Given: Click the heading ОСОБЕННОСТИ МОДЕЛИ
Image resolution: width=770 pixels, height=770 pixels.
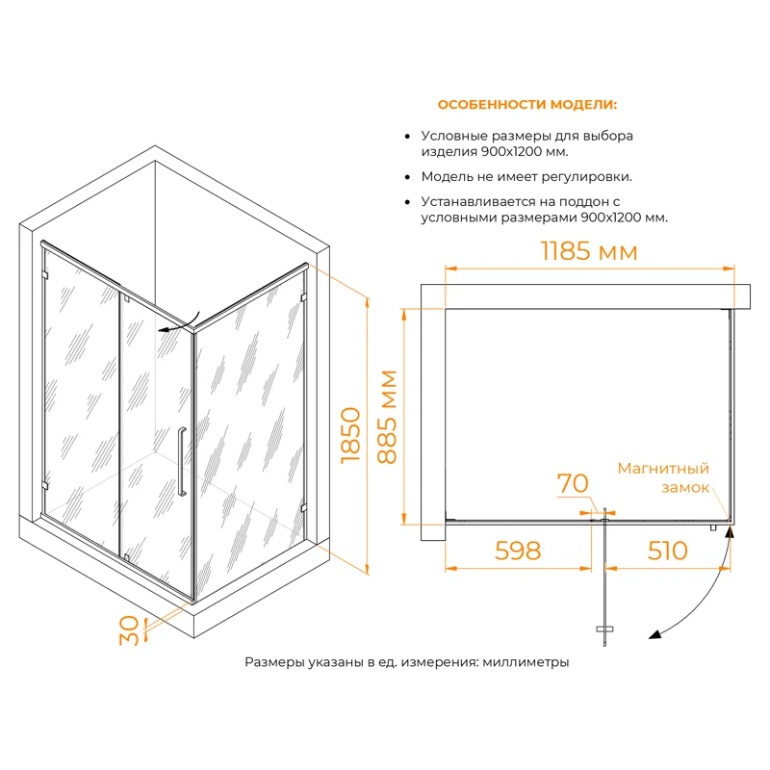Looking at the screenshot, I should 527,104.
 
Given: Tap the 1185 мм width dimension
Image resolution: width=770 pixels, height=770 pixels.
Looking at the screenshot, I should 589,252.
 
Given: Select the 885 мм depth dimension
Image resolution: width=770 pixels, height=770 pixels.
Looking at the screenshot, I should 388,417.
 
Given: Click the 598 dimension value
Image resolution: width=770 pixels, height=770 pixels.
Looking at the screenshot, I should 518,551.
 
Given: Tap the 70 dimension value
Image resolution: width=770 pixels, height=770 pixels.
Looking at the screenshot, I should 573,483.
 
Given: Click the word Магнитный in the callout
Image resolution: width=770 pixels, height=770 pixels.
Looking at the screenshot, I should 663,469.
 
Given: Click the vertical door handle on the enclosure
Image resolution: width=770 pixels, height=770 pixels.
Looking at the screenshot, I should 180,460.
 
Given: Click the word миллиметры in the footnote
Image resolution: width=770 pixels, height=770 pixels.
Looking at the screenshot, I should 526,662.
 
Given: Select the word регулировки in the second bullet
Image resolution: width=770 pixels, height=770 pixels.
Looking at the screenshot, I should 590,177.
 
